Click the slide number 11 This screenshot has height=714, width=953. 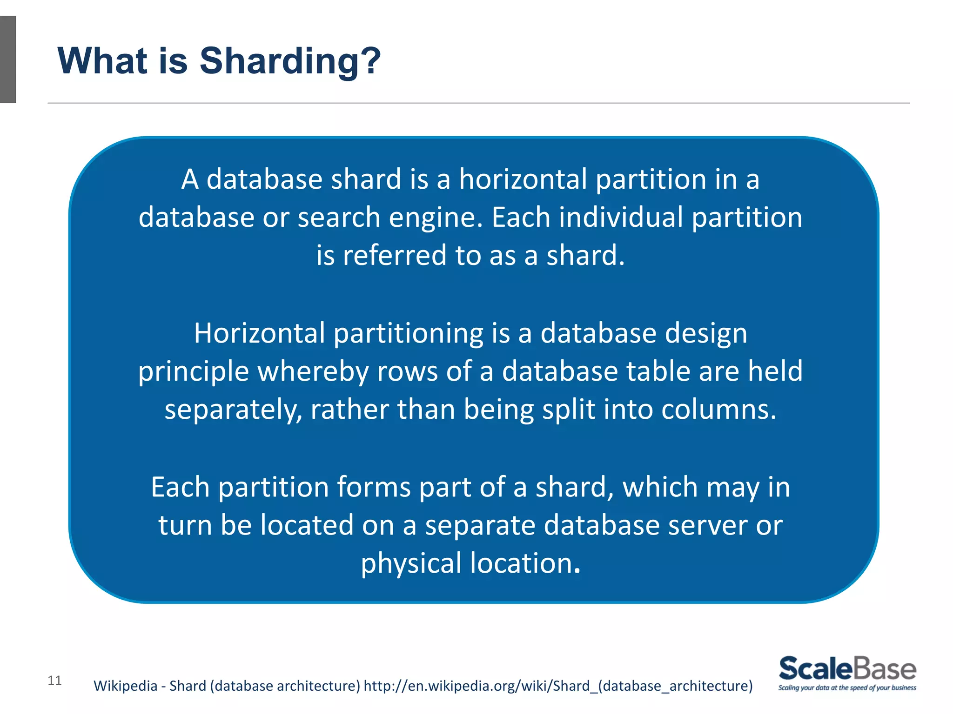point(54,681)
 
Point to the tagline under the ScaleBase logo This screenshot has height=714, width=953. point(847,688)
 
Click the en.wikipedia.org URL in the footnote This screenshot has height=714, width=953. point(558,686)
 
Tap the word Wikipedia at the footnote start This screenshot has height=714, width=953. point(125,686)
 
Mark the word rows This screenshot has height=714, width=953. point(407,372)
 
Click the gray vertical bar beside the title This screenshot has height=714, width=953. point(8,59)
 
